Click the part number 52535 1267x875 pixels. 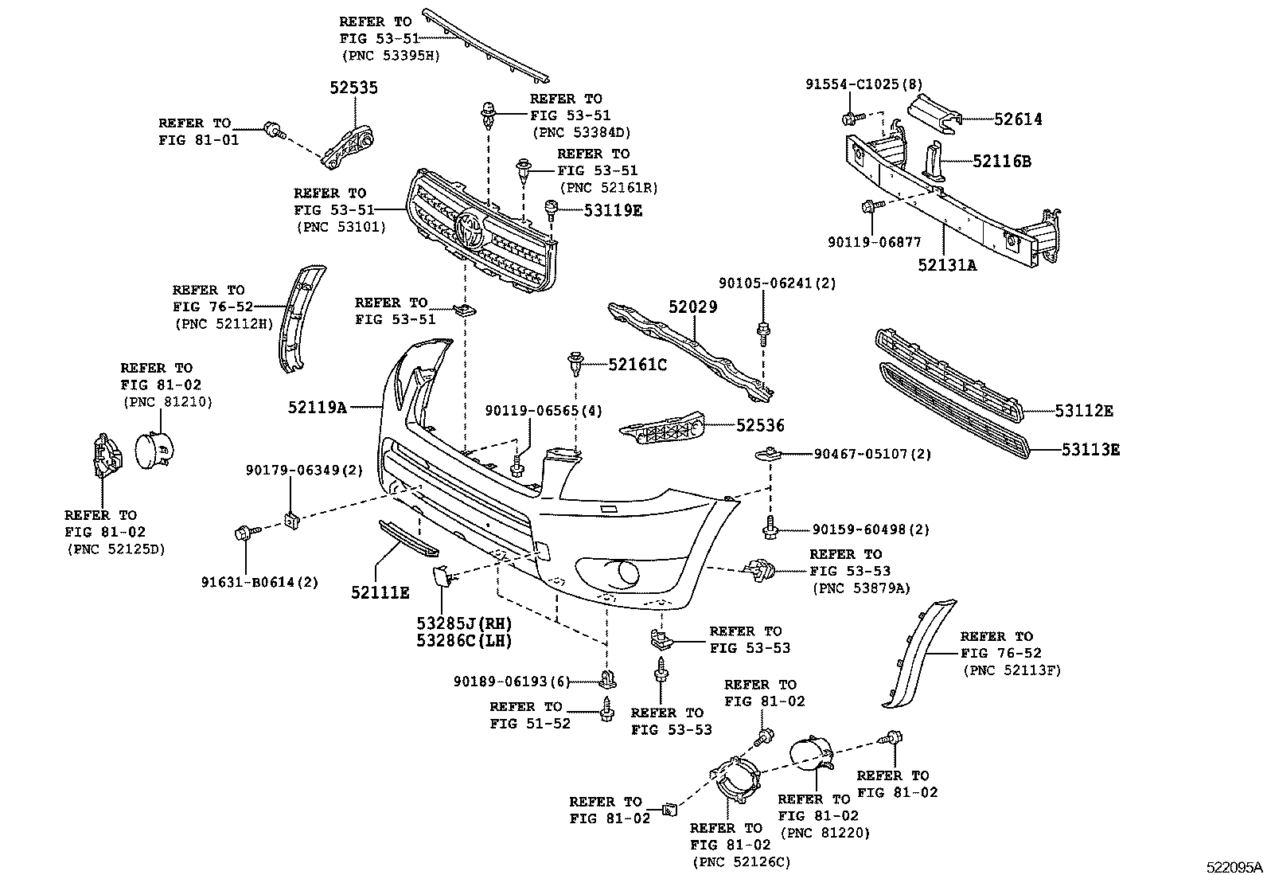click(x=354, y=88)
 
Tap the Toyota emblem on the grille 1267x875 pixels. click(x=470, y=231)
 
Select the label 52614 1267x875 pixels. click(x=1018, y=119)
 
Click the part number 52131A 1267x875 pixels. click(x=946, y=264)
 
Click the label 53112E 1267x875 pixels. click(x=1084, y=411)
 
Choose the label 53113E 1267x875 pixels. click(x=1090, y=450)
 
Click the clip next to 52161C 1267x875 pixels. click(x=575, y=364)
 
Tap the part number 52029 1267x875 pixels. click(x=692, y=307)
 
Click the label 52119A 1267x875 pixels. click(x=318, y=408)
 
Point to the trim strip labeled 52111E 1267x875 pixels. click(x=407, y=539)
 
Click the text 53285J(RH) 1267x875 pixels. click(x=464, y=623)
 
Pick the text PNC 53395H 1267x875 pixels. click(x=390, y=55)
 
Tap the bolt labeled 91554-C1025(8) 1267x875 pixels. click(x=848, y=119)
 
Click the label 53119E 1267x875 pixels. click(x=612, y=210)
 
